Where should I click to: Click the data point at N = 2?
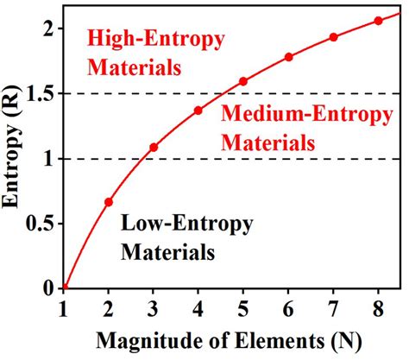[x=109, y=202]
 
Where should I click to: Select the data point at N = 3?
[x=154, y=148]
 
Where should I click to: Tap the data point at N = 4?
[x=198, y=111]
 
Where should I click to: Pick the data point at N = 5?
[x=243, y=82]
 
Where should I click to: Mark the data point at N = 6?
[x=288, y=57]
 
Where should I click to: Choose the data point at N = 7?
[x=333, y=37]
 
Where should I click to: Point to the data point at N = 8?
[x=378, y=21]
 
